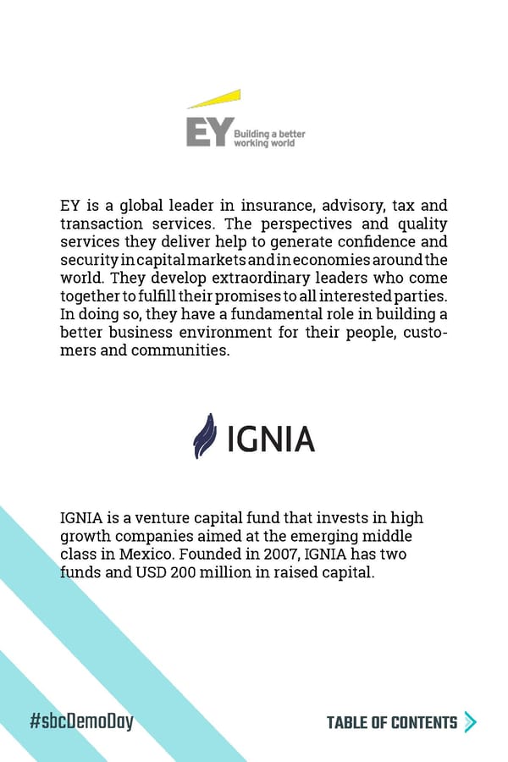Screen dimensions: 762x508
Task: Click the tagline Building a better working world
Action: [x=269, y=139]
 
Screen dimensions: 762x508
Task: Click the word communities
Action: [x=179, y=350]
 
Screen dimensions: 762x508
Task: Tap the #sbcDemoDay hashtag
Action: [x=82, y=722]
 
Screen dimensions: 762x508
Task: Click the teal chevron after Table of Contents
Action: [x=471, y=722]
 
